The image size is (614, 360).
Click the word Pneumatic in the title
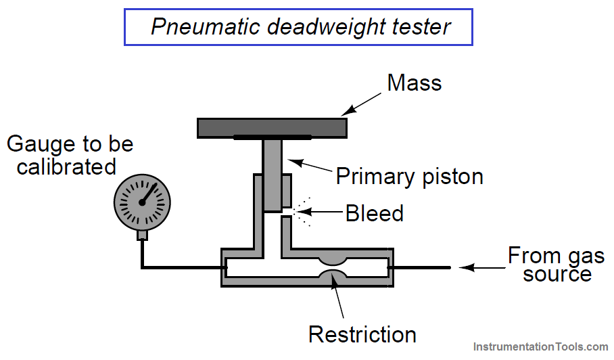coord(205,26)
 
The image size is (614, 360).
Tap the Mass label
coord(415,83)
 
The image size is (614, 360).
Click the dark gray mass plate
coord(272,128)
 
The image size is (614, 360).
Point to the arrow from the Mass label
coord(360,104)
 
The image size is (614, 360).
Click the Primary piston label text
coord(410,177)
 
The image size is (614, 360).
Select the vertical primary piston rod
coord(272,175)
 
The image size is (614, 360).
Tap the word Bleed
coord(375,213)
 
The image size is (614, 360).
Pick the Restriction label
coord(362,334)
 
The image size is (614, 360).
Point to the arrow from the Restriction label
coord(337,296)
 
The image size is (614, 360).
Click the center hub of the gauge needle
coord(142,202)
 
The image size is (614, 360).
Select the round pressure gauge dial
coord(142,202)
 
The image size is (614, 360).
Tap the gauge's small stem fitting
coord(142,235)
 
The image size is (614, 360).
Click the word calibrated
coord(66,167)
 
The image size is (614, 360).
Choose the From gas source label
coord(557,265)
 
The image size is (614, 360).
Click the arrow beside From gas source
coord(482,267)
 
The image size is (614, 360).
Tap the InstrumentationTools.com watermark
coord(540,346)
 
